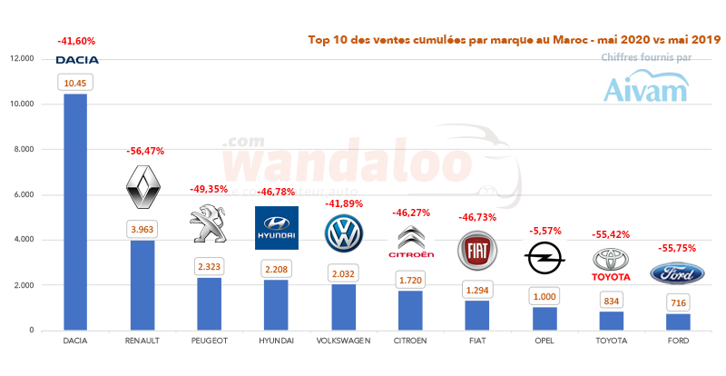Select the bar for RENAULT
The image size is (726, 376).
(142, 285)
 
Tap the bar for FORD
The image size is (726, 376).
(677, 322)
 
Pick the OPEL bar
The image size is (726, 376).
(544, 319)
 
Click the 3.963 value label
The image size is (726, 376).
(142, 230)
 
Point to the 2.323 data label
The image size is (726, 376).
(209, 267)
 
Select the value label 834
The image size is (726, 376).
(611, 301)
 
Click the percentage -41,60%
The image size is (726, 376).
(75, 41)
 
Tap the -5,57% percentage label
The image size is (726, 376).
(544, 219)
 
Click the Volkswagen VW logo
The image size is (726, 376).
(343, 233)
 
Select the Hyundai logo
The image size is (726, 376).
(276, 227)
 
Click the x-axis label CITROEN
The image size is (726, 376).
(410, 341)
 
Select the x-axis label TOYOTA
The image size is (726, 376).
(611, 341)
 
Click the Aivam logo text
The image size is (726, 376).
(647, 89)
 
